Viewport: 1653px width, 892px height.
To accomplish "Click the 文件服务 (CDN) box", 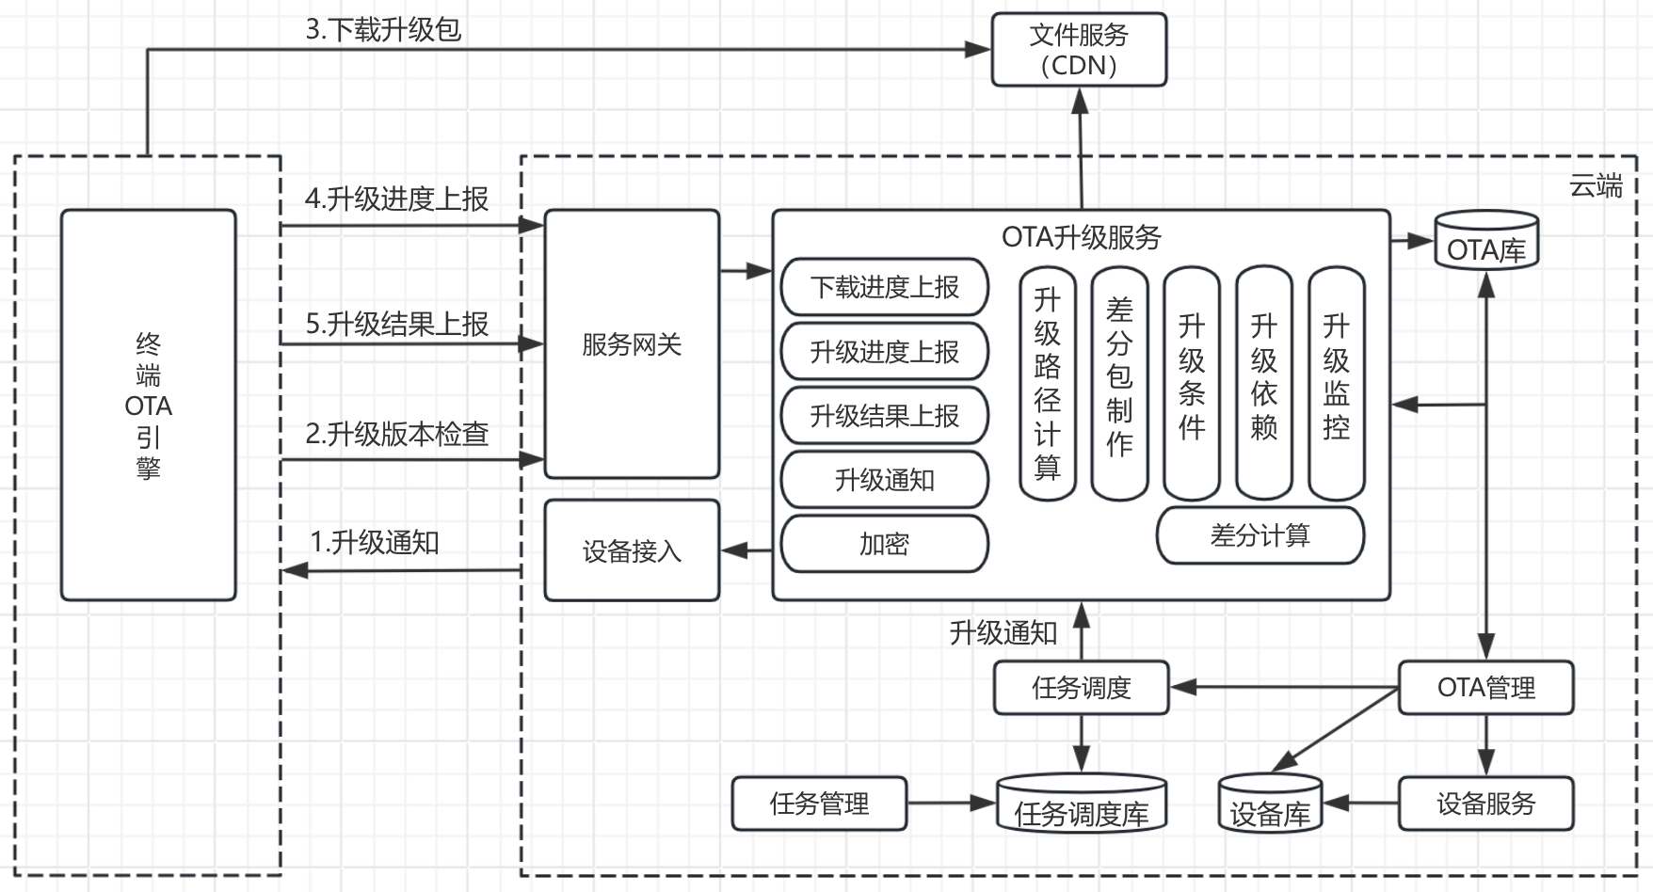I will pyautogui.click(x=1079, y=50).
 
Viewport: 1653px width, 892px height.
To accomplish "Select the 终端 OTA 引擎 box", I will pyautogui.click(x=148, y=405).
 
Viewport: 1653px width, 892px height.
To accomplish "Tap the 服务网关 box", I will pyautogui.click(x=632, y=344).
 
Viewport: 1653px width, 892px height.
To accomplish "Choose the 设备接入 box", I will pyautogui.click(x=632, y=550).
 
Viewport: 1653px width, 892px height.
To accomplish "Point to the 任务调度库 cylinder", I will pyautogui.click(x=1081, y=804).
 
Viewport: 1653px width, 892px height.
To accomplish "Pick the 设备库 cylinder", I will pyautogui.click(x=1270, y=804).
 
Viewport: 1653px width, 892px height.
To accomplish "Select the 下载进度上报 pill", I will pyautogui.click(x=884, y=287).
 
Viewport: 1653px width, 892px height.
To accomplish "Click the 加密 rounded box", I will pyautogui.click(x=884, y=544).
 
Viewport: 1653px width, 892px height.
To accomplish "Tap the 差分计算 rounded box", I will pyautogui.click(x=1260, y=535).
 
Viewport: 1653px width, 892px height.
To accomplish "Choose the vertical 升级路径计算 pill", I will pyautogui.click(x=1047, y=384).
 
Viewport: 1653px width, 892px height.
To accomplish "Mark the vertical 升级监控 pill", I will pyautogui.click(x=1336, y=384).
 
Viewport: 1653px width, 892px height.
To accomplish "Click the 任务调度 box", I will pyautogui.click(x=1081, y=688).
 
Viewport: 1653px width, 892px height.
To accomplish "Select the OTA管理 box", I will pyautogui.click(x=1485, y=688).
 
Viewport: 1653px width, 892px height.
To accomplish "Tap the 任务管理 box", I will pyautogui.click(x=819, y=804).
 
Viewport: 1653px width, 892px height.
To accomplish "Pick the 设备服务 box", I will pyautogui.click(x=1485, y=804).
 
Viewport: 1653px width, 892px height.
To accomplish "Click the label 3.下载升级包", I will pyautogui.click(x=383, y=29).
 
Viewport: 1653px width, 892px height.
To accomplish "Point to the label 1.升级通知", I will pyautogui.click(x=375, y=543).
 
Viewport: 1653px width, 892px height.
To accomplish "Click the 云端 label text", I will pyautogui.click(x=1596, y=186).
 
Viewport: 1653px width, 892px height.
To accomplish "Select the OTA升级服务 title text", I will pyautogui.click(x=1081, y=237).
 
